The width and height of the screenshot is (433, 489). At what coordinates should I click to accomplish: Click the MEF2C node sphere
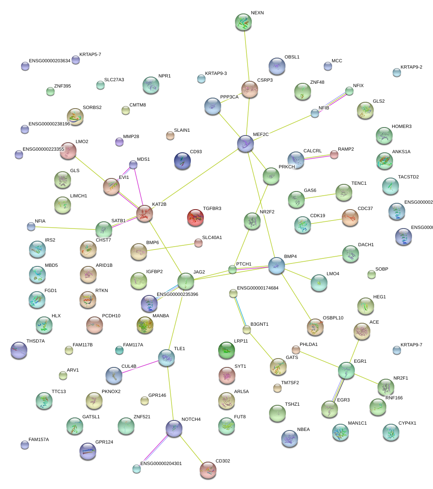[246, 144]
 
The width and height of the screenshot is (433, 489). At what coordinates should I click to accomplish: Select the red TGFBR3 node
[195, 218]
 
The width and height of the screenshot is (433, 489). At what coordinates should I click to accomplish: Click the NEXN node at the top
[243, 22]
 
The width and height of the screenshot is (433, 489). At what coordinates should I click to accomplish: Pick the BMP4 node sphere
[276, 266]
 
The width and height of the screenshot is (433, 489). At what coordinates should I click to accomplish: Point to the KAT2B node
[145, 214]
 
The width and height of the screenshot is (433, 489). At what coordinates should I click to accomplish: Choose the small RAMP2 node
[334, 154]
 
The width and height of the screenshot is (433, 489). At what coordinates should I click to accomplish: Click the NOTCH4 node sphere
[174, 428]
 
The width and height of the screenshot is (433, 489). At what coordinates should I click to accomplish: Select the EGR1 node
[346, 370]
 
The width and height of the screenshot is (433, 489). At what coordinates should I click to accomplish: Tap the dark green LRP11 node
[227, 350]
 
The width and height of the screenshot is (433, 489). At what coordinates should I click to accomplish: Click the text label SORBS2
[92, 107]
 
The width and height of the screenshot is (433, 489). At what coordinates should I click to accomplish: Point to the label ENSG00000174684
[258, 288]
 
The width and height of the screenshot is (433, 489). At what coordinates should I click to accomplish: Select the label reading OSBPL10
[333, 318]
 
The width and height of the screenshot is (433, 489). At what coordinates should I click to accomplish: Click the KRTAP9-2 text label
[411, 67]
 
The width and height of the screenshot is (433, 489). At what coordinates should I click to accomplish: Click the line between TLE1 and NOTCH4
[170, 393]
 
